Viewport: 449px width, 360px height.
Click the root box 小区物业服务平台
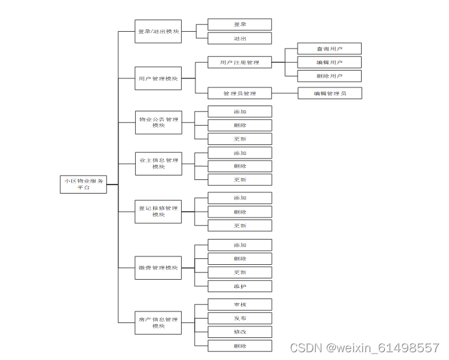click(x=83, y=184)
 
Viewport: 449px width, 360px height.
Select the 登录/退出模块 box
click(x=158, y=32)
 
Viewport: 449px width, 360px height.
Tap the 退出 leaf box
click(x=239, y=38)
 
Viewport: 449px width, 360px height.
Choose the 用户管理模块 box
click(x=158, y=78)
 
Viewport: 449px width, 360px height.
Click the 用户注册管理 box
click(x=239, y=62)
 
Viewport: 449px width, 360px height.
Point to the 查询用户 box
click(x=329, y=49)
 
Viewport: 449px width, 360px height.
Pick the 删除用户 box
click(x=329, y=76)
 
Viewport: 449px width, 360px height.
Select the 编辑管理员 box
click(x=329, y=93)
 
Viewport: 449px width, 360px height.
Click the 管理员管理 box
click(x=239, y=93)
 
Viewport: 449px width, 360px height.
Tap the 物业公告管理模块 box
click(x=158, y=122)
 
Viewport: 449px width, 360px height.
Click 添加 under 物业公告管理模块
click(x=239, y=111)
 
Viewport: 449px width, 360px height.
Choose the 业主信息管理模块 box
click(x=158, y=163)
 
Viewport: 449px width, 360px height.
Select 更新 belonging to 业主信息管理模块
click(x=239, y=180)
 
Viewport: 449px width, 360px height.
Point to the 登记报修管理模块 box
click(x=158, y=211)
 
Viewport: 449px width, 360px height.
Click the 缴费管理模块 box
click(x=158, y=267)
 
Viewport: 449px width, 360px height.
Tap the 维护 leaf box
click(x=239, y=286)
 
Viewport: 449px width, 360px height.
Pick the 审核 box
click(x=239, y=304)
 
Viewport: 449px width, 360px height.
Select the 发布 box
click(x=239, y=318)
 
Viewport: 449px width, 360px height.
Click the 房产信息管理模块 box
click(x=158, y=322)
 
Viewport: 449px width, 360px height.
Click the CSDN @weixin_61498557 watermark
click(x=364, y=348)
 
